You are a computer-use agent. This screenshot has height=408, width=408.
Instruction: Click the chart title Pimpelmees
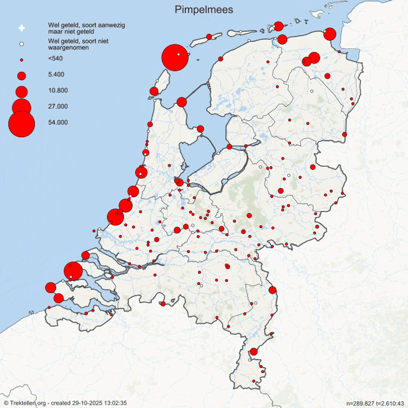click(x=204, y=10)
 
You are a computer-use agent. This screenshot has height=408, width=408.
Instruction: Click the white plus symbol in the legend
click(x=22, y=28)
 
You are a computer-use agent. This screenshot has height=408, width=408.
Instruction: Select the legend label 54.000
click(x=58, y=122)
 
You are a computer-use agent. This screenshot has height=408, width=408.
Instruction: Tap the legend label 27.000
click(x=58, y=107)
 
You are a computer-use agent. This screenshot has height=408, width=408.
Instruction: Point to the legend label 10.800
click(x=58, y=91)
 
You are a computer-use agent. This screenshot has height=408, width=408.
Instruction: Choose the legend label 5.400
click(x=56, y=75)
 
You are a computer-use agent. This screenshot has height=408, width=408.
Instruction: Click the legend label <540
click(x=54, y=58)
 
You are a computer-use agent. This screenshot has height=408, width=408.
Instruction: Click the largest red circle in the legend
click(x=22, y=124)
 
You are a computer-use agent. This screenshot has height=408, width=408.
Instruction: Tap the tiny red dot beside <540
click(x=22, y=59)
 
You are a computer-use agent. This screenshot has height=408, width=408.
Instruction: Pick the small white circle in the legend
click(x=22, y=43)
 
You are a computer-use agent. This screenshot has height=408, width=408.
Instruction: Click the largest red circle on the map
click(x=174, y=57)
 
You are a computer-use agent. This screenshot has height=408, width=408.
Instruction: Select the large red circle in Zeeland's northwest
click(x=73, y=271)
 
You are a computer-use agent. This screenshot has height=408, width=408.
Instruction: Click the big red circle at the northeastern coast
click(x=330, y=34)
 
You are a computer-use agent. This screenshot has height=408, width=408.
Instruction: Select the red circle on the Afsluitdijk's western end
click(x=182, y=102)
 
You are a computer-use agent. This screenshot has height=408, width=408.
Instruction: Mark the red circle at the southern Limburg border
click(x=254, y=351)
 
